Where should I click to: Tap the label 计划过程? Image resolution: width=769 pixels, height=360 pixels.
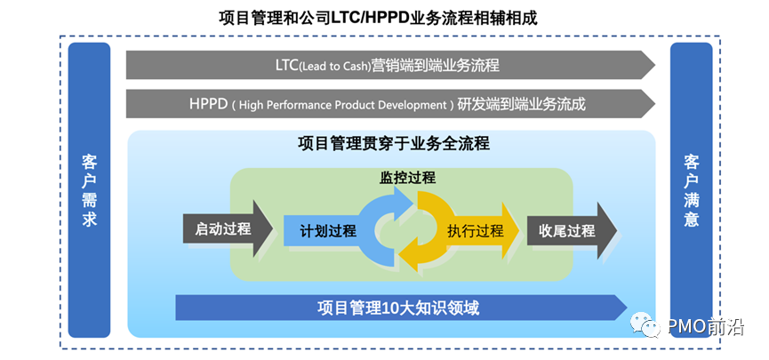(x=327, y=231)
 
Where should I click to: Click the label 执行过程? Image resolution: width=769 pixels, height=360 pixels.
(x=476, y=231)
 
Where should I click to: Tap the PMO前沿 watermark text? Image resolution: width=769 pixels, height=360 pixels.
(x=711, y=327)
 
